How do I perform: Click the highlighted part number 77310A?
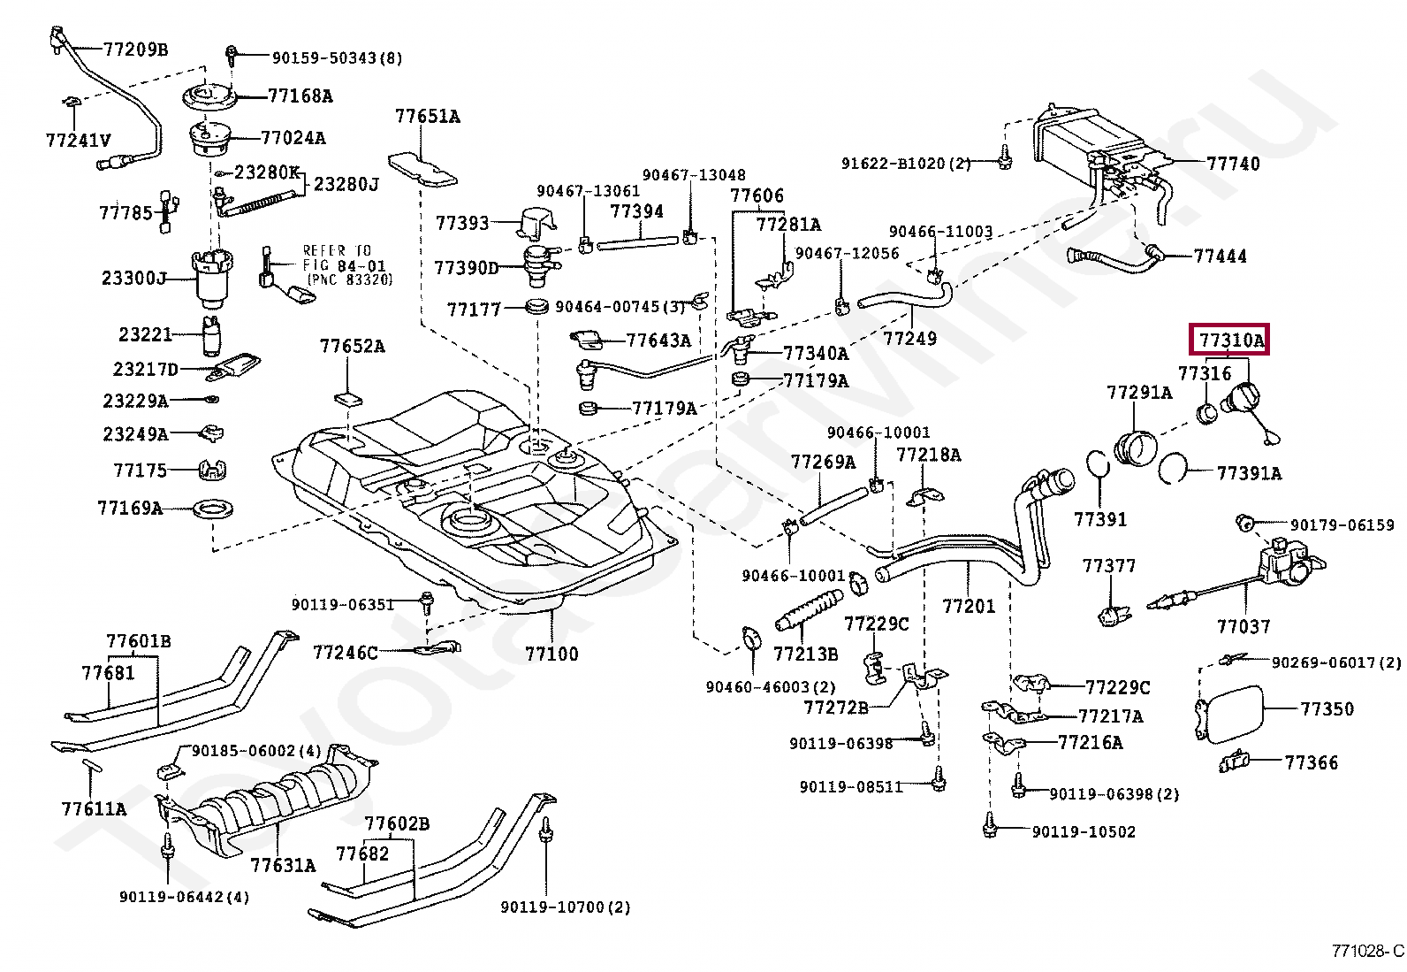point(1231,340)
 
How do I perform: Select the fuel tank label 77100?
point(551,654)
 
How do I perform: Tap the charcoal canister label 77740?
point(1233,164)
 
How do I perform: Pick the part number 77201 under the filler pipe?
point(969,606)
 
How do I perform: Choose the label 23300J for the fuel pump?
point(133,278)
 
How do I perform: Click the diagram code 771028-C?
point(1367,951)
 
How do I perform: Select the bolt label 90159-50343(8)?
point(337,57)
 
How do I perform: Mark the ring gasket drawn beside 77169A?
point(213,509)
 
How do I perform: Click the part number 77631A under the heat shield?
point(283,865)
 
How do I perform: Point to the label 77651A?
point(427,116)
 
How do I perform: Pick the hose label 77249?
point(909,338)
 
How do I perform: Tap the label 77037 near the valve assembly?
point(1243,626)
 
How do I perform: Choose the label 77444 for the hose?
point(1220,256)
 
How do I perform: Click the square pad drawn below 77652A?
point(348,398)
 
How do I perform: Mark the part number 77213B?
point(805,654)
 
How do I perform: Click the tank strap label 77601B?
point(139,641)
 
